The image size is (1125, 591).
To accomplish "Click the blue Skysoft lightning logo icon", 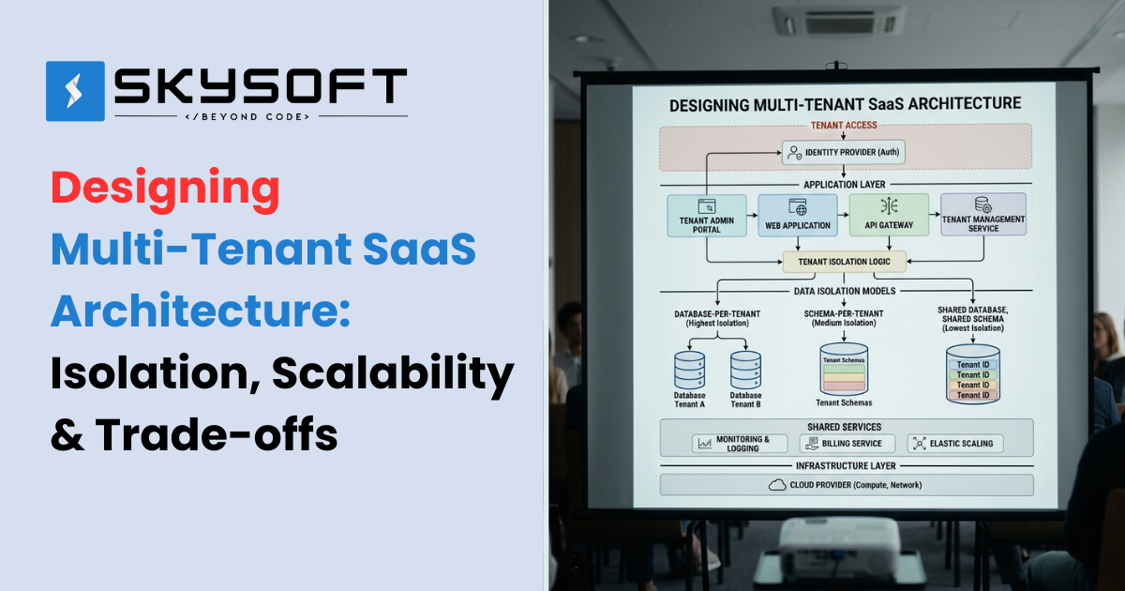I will point(75,91).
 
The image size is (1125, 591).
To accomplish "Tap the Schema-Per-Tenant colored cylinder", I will point(844,369).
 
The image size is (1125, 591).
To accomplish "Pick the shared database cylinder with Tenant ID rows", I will point(972,375).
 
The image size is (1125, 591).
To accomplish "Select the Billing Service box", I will point(847,443).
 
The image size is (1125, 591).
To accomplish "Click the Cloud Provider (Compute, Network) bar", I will point(847,485).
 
